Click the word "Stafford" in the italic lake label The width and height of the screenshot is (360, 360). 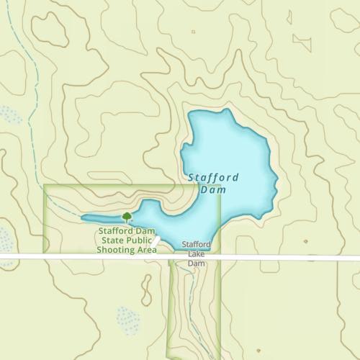click(x=213, y=177)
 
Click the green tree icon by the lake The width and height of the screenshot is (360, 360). click(x=127, y=216)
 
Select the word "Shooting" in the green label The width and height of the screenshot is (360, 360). click(x=117, y=251)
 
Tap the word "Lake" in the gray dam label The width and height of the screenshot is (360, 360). click(x=197, y=254)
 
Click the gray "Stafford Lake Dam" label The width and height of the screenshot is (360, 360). click(x=197, y=254)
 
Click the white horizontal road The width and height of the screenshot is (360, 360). click(x=288, y=257)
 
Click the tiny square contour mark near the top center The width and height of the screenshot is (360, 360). click(x=194, y=32)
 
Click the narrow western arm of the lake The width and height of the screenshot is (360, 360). click(x=101, y=217)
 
